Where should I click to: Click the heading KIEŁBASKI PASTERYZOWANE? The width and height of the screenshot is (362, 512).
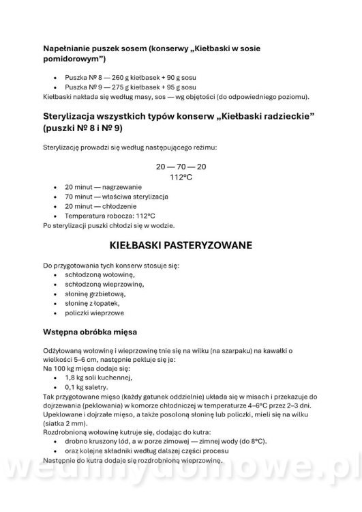click(181, 244)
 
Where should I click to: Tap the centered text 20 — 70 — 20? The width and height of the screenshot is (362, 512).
click(181, 167)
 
